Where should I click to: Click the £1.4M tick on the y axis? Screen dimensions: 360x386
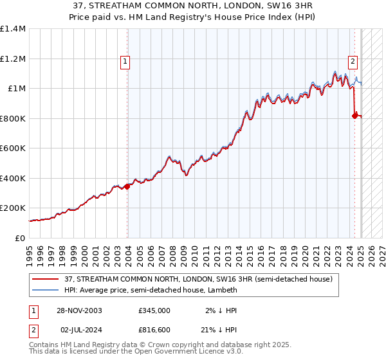click(13, 29)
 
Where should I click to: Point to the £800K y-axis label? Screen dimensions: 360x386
click(12, 118)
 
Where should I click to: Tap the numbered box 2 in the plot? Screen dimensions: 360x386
click(353, 62)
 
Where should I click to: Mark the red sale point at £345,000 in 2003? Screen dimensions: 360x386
click(127, 186)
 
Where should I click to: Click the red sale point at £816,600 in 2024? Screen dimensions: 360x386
click(354, 116)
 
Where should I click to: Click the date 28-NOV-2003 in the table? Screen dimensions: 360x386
click(79, 310)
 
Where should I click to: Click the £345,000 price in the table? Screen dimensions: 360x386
click(154, 310)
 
